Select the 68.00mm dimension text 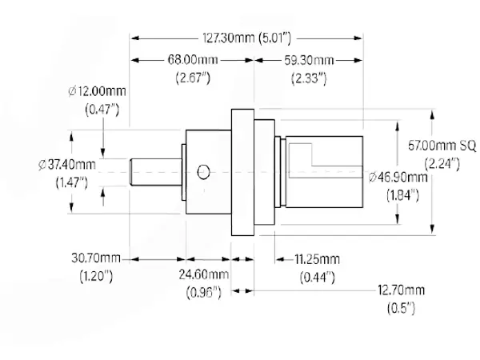point(193,60)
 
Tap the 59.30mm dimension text point(309,60)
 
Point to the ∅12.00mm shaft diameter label point(97,91)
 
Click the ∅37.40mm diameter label point(67,165)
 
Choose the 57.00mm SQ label point(442,146)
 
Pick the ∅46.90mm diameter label point(398,177)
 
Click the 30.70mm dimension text point(96,258)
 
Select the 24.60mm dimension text point(204,274)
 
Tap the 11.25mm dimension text point(317,259)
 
